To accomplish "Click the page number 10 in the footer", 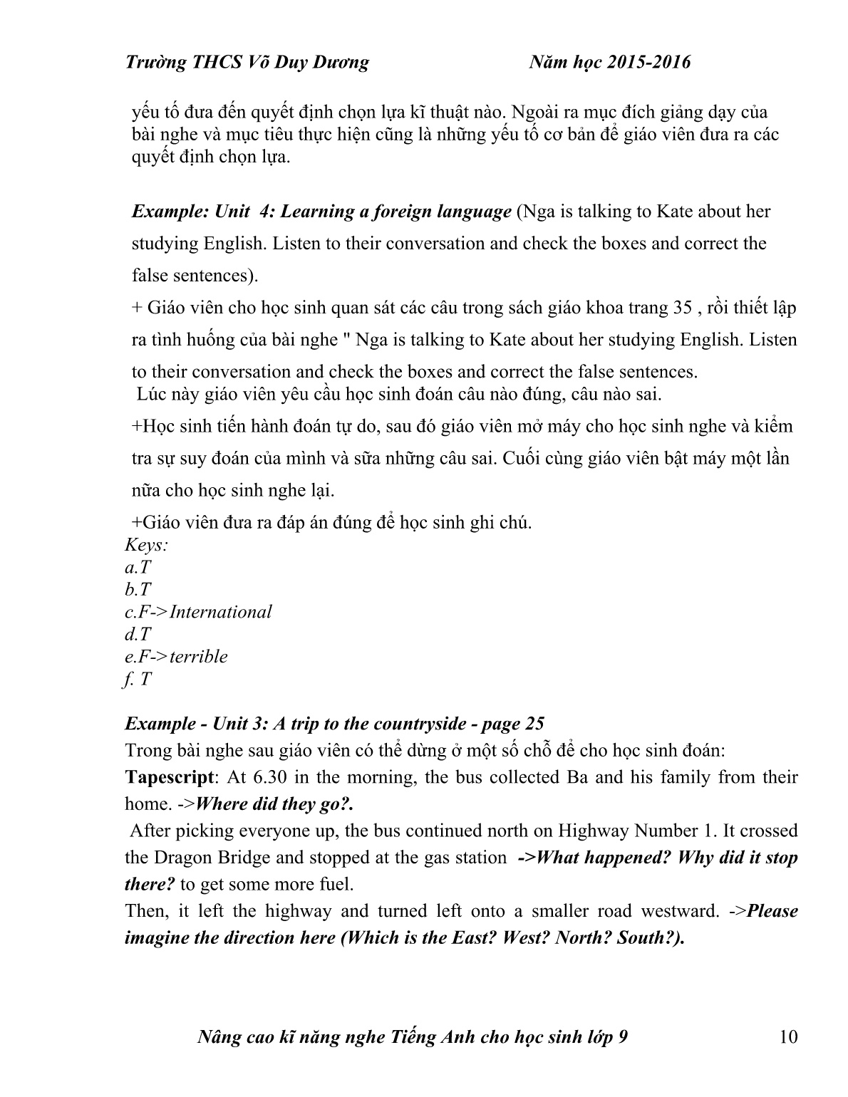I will click(789, 1037).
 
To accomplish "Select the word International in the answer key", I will click(221, 612).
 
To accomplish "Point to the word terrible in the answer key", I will click(199, 656).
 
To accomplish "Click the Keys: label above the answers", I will click(146, 546).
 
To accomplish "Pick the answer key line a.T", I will click(138, 568).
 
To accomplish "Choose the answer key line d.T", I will click(138, 634).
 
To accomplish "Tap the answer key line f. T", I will click(138, 679).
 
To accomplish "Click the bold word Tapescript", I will click(168, 777).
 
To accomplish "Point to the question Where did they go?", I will click(274, 804).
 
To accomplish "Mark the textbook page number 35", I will click(681, 308).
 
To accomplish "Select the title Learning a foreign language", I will click(396, 212).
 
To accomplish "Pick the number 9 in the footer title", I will click(623, 1037).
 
